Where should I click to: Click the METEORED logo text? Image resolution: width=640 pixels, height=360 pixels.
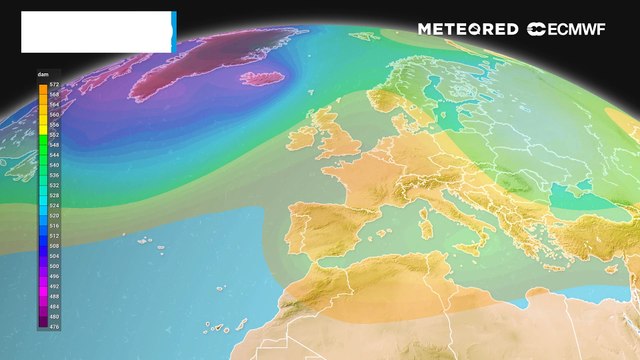(468, 29)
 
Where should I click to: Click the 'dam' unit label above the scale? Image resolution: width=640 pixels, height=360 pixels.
(44, 75)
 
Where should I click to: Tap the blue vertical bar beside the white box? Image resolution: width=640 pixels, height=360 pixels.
(174, 32)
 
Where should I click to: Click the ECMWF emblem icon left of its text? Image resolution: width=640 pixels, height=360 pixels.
(537, 29)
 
